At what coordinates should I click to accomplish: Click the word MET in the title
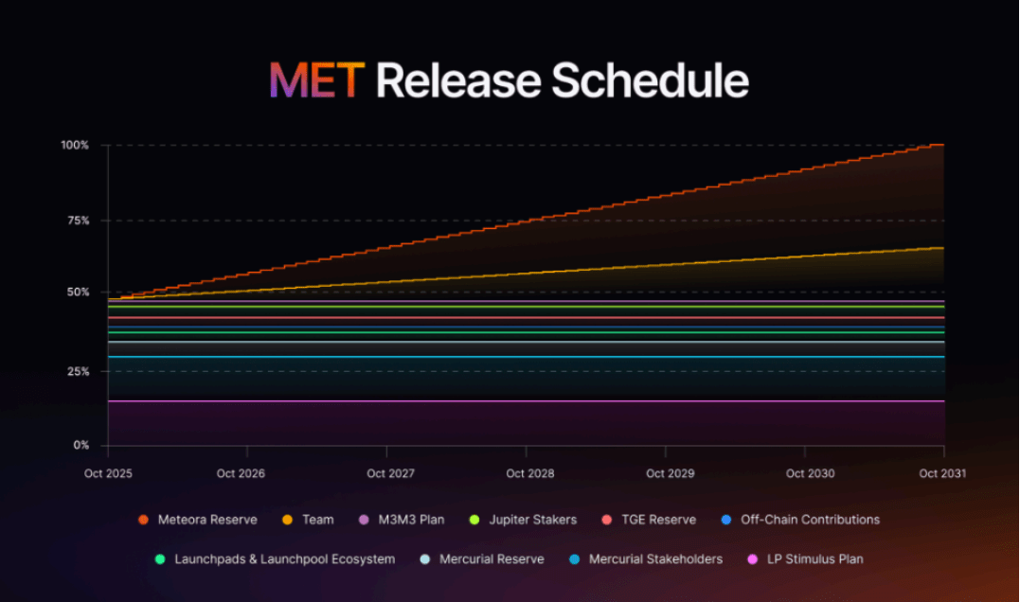click(316, 81)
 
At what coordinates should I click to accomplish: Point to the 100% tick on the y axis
click(76, 145)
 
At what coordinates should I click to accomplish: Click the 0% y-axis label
click(81, 445)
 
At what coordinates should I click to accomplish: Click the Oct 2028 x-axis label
click(529, 473)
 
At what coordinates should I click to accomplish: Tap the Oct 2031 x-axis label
click(942, 473)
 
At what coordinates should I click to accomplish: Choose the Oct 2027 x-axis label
click(390, 473)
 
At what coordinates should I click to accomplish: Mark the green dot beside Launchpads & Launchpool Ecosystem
click(160, 559)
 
